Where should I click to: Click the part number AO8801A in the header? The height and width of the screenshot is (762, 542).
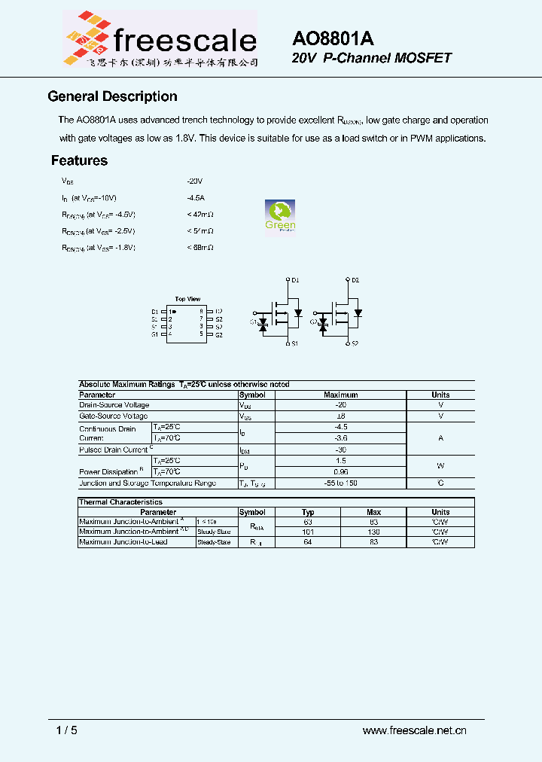(333, 39)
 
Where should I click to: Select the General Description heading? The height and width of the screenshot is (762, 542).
(112, 96)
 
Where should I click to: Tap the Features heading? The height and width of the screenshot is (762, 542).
(79, 160)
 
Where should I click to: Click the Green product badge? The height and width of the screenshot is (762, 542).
(280, 218)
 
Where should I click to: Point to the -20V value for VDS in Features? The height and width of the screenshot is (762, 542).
(195, 181)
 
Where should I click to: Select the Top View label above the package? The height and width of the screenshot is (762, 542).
(187, 299)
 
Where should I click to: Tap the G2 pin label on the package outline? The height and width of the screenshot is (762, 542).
(218, 334)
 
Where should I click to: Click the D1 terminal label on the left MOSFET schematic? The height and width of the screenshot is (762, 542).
(295, 280)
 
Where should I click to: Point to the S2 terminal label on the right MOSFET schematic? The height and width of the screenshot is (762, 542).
(355, 344)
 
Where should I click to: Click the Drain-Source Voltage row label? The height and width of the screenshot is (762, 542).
(114, 405)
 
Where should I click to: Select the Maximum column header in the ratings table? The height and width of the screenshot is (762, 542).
(340, 395)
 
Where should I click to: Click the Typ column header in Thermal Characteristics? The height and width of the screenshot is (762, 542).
(308, 512)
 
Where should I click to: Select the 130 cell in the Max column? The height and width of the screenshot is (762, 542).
(373, 532)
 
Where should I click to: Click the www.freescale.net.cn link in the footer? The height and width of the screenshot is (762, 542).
(415, 730)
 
